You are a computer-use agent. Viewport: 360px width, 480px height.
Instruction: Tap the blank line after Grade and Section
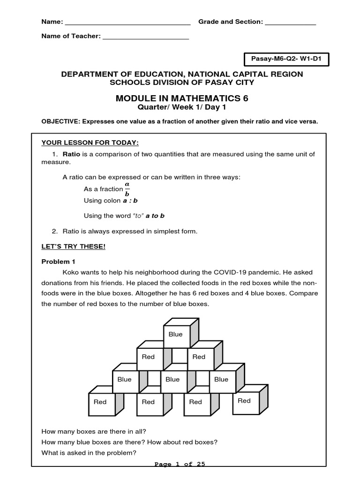tap(291, 22)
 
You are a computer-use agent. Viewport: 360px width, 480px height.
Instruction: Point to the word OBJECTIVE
tap(60, 121)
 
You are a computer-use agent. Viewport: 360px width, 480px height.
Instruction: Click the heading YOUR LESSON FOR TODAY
tap(90, 142)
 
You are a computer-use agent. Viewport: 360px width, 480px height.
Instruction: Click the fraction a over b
tap(127, 189)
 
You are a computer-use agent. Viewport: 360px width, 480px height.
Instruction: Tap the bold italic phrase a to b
tap(155, 216)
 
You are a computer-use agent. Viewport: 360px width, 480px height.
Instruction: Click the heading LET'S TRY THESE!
tap(73, 247)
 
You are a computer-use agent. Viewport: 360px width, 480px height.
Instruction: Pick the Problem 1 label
tap(58, 262)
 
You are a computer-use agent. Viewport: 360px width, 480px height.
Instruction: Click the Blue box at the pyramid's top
tap(175, 335)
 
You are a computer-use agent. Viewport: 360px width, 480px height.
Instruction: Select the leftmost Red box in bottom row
tap(100, 402)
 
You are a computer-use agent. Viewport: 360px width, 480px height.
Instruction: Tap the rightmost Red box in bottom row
tap(244, 401)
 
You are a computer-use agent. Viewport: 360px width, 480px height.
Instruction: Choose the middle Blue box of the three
tap(172, 380)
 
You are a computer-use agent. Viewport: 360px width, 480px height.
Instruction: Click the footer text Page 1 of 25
tap(180, 465)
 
